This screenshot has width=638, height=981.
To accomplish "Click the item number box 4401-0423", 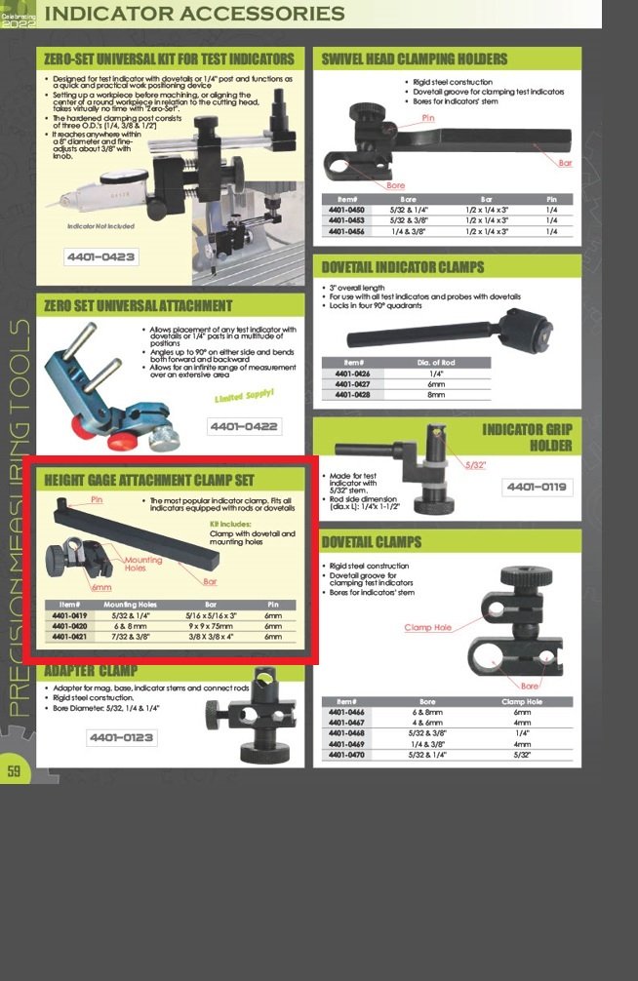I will coord(101,257).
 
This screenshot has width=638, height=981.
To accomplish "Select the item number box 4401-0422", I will coord(244,426).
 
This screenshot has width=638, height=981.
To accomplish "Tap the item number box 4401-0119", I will coord(538,488).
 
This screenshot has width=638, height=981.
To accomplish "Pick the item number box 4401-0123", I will coord(122,737).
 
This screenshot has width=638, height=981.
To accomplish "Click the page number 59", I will coord(14,771).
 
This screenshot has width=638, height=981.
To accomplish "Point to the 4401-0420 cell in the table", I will coord(69,626).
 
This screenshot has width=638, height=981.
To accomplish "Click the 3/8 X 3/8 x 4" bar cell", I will coord(211,637).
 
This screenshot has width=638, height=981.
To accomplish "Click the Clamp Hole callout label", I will coord(428,627).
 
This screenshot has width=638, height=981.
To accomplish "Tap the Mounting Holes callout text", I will coord(143,565).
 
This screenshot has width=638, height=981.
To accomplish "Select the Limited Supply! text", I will coord(244,396).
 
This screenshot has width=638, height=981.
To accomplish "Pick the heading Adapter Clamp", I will coord(91,671).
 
